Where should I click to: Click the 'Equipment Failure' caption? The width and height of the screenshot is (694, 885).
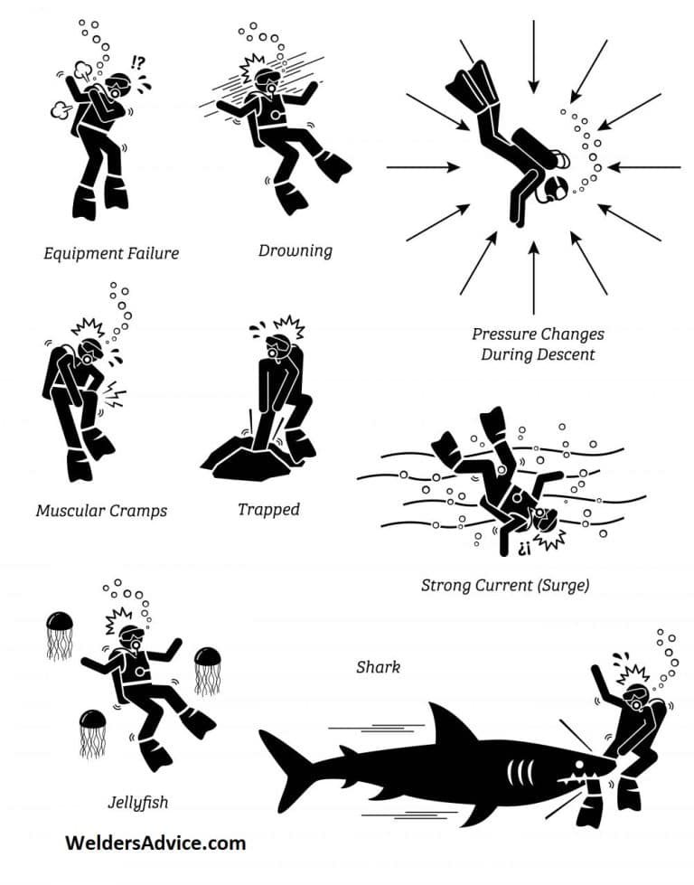[x=111, y=253]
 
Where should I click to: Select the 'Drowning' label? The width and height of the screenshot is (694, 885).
[x=295, y=250]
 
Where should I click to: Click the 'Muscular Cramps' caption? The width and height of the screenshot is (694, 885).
[x=101, y=510]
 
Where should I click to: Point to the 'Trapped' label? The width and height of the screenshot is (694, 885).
[x=268, y=509]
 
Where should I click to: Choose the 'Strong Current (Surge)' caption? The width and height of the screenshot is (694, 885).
[x=505, y=585]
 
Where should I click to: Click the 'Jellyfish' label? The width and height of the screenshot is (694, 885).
[x=138, y=801]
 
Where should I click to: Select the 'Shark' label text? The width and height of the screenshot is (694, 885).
[x=378, y=667]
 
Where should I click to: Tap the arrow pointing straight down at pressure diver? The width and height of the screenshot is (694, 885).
[x=533, y=54]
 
